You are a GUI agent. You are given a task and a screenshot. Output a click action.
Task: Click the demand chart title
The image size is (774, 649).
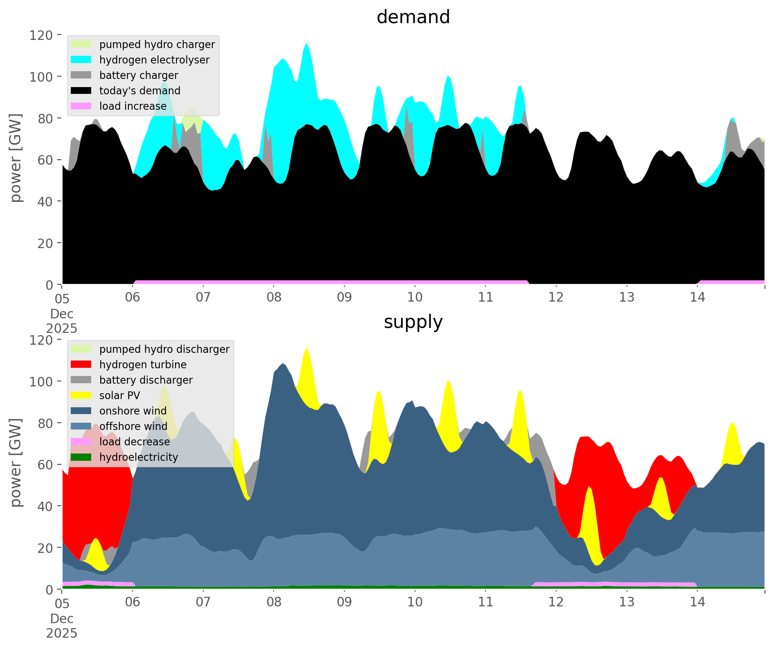click(413, 17)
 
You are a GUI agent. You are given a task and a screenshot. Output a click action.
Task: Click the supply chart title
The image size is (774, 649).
click(413, 322)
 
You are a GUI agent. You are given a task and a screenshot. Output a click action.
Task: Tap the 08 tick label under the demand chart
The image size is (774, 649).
click(274, 298)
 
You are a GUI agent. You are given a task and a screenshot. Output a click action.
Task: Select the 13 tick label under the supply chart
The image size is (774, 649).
click(627, 602)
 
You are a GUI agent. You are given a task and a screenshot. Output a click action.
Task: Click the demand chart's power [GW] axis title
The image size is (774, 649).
click(16, 158)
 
